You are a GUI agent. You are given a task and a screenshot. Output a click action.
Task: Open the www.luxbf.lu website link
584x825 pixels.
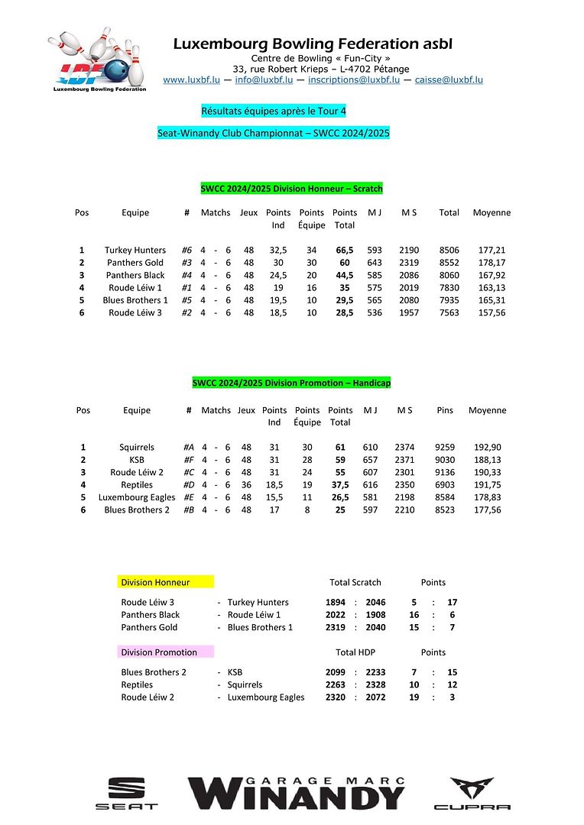[191, 80]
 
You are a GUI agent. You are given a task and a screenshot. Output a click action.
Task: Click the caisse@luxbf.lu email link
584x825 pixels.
[449, 80]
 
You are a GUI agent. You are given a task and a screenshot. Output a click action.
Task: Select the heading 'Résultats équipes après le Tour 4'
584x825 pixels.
[274, 111]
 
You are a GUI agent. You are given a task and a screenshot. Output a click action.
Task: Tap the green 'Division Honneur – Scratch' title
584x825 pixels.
[291, 188]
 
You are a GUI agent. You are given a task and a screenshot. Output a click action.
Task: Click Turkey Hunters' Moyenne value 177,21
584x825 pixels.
[492, 250]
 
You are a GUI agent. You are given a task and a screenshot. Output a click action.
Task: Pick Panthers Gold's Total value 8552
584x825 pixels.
[449, 263]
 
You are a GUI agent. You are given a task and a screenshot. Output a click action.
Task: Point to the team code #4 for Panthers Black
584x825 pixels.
[187, 275]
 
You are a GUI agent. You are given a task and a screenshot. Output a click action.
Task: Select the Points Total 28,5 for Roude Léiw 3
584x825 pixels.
[344, 312]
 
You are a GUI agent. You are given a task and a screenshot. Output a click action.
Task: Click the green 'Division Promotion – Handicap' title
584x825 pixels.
[291, 383]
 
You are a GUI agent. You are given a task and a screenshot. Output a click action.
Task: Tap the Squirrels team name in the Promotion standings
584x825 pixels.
[137, 448]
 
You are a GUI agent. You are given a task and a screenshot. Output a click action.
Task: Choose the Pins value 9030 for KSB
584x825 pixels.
[445, 460]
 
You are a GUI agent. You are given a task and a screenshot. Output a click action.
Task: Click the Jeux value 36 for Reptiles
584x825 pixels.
[246, 485]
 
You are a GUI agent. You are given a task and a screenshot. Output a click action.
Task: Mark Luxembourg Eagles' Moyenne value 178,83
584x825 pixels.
[487, 497]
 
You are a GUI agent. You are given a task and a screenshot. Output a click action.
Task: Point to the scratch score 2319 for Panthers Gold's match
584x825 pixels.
[336, 627]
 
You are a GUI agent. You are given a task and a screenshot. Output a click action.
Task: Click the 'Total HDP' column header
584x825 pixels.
[355, 652]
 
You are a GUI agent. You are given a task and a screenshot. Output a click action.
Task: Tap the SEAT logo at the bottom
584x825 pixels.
[126, 793]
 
